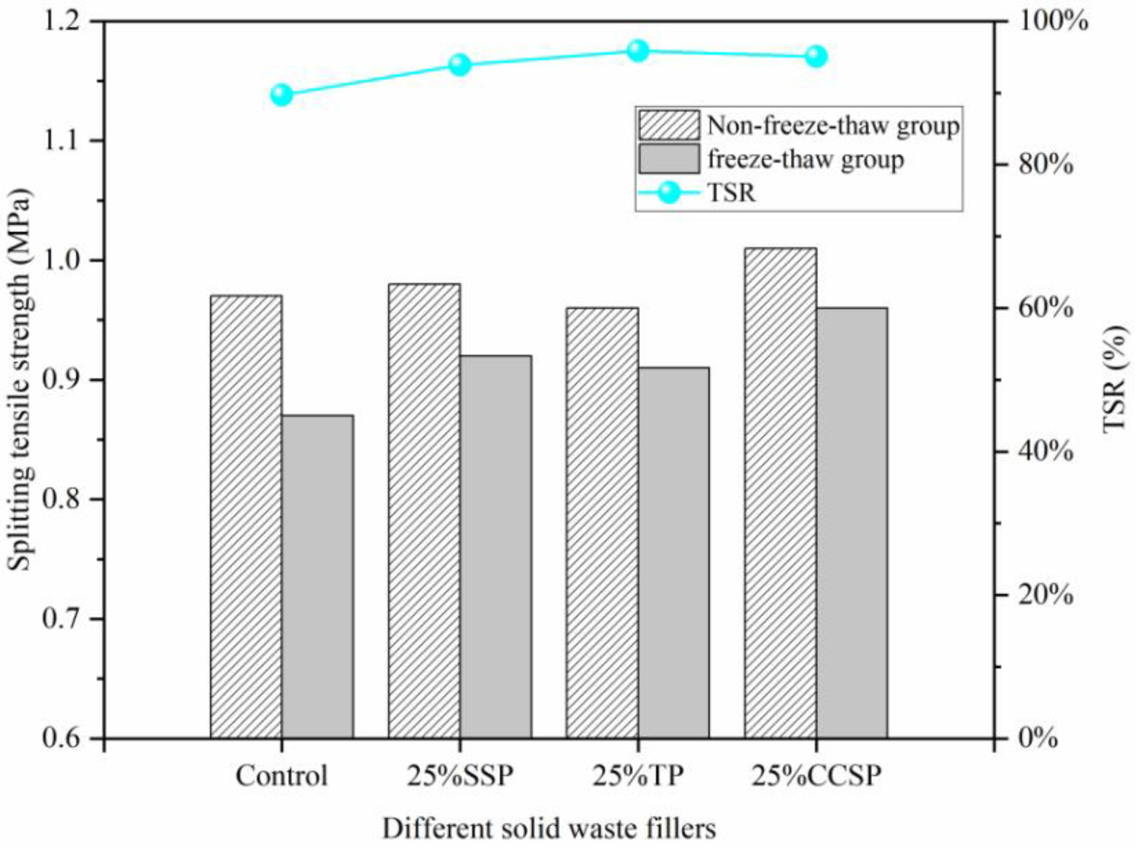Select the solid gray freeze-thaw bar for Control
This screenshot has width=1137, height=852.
(318, 576)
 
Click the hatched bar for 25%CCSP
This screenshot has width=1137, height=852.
(780, 493)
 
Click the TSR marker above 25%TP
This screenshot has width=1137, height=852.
(638, 50)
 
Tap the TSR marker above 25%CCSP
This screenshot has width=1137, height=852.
(816, 57)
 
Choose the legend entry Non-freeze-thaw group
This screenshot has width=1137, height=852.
(833, 126)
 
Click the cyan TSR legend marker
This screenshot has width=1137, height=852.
(669, 193)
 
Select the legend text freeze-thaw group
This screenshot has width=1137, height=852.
(805, 159)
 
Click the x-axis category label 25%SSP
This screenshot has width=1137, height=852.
(460, 776)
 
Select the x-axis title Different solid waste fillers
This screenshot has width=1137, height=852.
(549, 828)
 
